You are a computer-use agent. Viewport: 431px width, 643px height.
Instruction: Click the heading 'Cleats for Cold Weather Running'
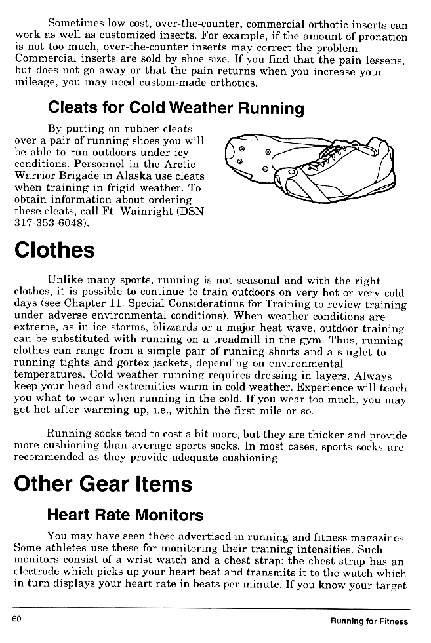coord(176,108)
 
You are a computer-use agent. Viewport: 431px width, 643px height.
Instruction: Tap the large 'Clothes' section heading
coord(54,250)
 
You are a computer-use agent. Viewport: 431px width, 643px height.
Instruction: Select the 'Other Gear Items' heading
coord(103,484)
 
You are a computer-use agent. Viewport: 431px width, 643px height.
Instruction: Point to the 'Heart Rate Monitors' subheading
coord(126,515)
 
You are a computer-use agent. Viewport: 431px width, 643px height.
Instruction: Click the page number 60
coord(17,620)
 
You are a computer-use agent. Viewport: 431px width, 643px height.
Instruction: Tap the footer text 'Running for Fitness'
coord(369,621)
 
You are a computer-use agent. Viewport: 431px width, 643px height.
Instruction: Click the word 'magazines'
coord(379,537)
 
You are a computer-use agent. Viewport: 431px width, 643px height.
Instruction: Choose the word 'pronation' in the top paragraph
coord(380,37)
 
